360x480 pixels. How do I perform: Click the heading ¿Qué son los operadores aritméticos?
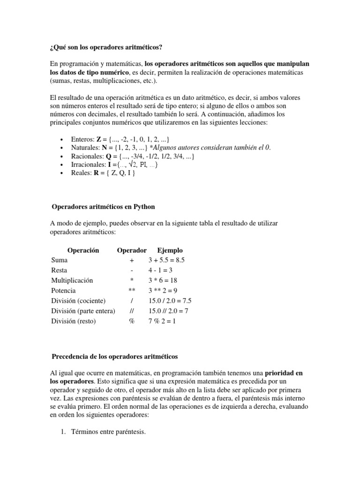click(x=107, y=48)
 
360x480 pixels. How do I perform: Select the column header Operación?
click(x=83, y=250)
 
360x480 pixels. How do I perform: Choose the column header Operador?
click(x=132, y=250)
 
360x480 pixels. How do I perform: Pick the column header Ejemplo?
click(x=170, y=250)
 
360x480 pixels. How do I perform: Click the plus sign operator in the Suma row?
click(x=132, y=260)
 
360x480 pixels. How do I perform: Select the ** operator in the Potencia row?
click(x=132, y=291)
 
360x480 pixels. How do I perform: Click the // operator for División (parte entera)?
click(x=132, y=311)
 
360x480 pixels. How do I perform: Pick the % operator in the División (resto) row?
click(x=132, y=322)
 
